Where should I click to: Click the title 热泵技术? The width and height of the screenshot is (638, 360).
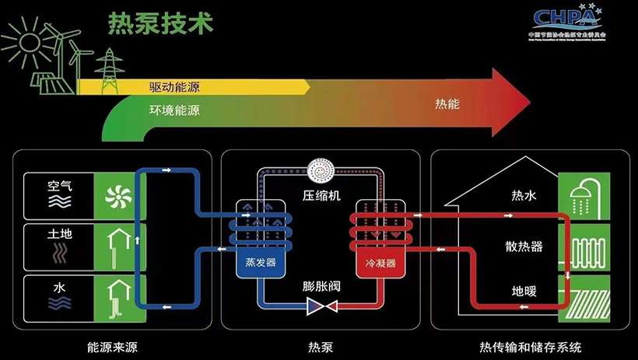point(160,23)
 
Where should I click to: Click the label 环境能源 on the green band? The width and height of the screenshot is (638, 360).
point(174,110)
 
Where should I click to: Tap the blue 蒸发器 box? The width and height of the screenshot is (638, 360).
point(261,263)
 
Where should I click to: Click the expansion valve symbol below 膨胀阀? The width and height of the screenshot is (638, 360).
point(321,309)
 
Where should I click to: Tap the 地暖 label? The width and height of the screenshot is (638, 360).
point(524,292)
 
